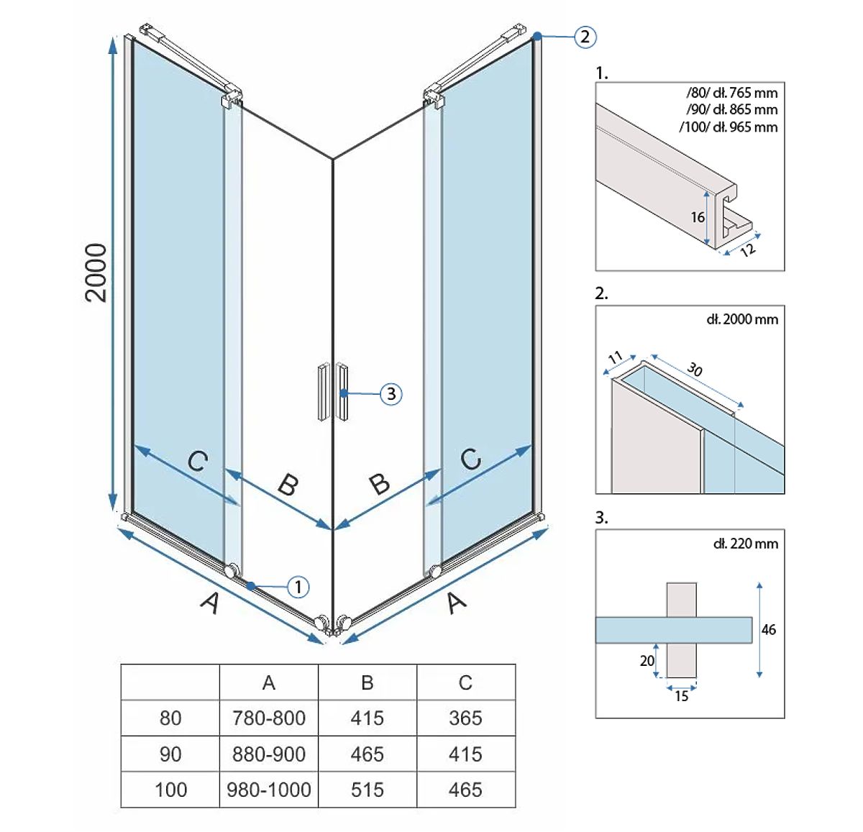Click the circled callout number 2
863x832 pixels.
click(x=585, y=37)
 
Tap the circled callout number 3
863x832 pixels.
click(x=391, y=394)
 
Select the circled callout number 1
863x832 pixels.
click(x=298, y=587)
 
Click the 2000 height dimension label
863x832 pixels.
click(x=96, y=273)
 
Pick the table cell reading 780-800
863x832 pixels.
click(x=269, y=718)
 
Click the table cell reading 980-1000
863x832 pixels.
click(x=269, y=790)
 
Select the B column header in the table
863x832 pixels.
click(x=367, y=682)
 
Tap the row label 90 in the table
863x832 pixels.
click(x=170, y=754)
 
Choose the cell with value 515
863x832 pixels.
click(x=367, y=790)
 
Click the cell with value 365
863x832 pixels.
click(x=465, y=718)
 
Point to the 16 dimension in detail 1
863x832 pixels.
click(x=698, y=217)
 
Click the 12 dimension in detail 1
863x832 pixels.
click(x=748, y=250)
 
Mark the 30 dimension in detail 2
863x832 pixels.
click(x=695, y=369)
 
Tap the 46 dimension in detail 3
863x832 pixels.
click(x=769, y=630)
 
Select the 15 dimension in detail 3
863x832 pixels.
click(x=682, y=696)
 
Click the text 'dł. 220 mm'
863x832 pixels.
click(x=746, y=544)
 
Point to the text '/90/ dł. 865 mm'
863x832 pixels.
click(x=732, y=109)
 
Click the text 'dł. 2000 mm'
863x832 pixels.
click(x=742, y=319)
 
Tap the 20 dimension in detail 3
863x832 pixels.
click(x=647, y=661)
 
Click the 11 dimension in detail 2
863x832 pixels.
click(x=616, y=357)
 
